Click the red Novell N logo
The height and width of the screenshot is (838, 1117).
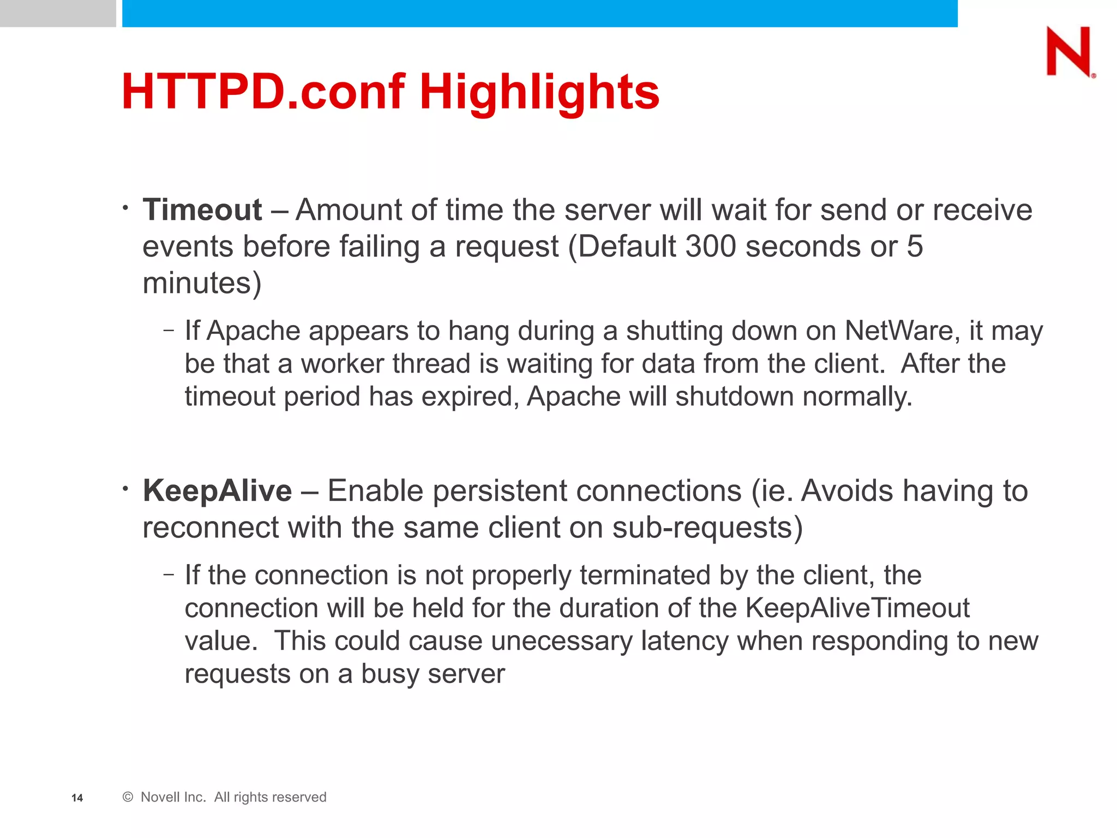coord(1070,52)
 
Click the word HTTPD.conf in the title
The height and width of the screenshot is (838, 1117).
coord(263,92)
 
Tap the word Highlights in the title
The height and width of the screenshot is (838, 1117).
coord(539,92)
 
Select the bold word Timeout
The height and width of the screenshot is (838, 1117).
coord(202,210)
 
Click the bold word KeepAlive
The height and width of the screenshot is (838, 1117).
coord(217,490)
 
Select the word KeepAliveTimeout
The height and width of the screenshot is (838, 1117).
coord(857,608)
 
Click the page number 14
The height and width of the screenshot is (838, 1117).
coord(77,798)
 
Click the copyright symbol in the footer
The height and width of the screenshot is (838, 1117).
coord(128,797)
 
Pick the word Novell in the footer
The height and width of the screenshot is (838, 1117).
coord(165,797)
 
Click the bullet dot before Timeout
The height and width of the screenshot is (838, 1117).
coord(125,208)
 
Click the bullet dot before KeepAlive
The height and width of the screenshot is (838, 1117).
coord(125,488)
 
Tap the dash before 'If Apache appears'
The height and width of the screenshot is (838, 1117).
coord(169,330)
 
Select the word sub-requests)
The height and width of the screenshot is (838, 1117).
coord(707,528)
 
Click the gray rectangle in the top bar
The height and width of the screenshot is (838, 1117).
coord(58,13)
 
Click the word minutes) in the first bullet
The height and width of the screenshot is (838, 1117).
coord(202,283)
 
